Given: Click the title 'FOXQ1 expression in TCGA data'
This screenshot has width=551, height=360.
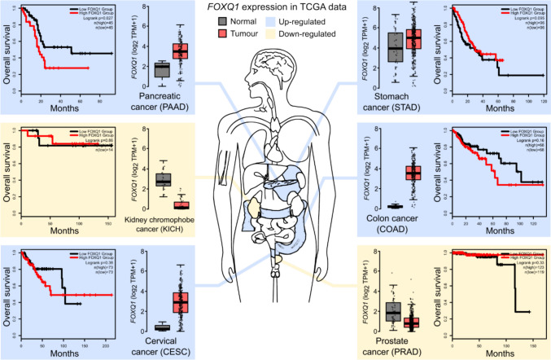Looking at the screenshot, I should (x=274, y=10).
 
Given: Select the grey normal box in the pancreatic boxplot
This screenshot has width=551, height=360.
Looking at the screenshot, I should (x=161, y=69).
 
